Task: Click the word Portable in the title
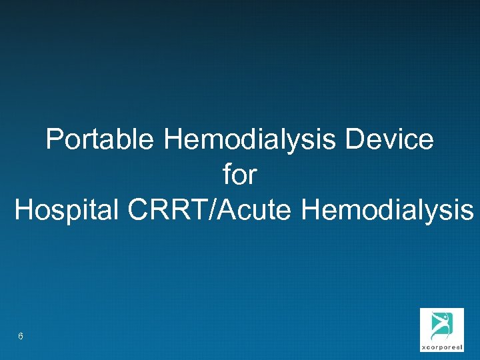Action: point(100,140)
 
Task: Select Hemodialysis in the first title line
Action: point(252,140)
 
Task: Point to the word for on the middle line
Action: point(240,175)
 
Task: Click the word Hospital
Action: point(64,211)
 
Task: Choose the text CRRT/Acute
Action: point(209,211)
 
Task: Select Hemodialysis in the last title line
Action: point(387,211)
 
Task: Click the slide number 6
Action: point(21,337)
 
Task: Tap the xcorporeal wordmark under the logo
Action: point(441,347)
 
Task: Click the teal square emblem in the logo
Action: point(441,325)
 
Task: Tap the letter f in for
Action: point(227,175)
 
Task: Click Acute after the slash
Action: point(253,211)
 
